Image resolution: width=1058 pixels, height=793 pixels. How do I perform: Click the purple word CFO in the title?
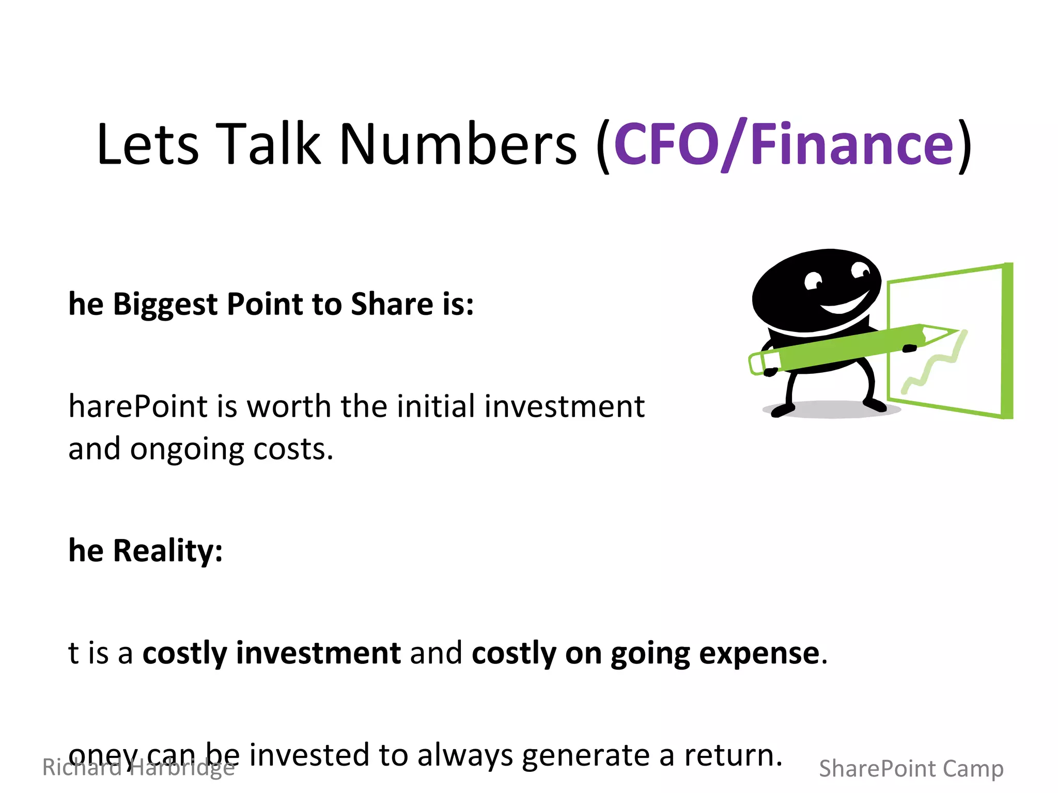tap(666, 145)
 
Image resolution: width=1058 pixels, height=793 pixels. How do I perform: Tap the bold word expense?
tap(759, 654)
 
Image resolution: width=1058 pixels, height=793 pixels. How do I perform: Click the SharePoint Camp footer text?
tap(911, 769)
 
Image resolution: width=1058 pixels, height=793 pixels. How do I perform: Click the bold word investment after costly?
tap(318, 654)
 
